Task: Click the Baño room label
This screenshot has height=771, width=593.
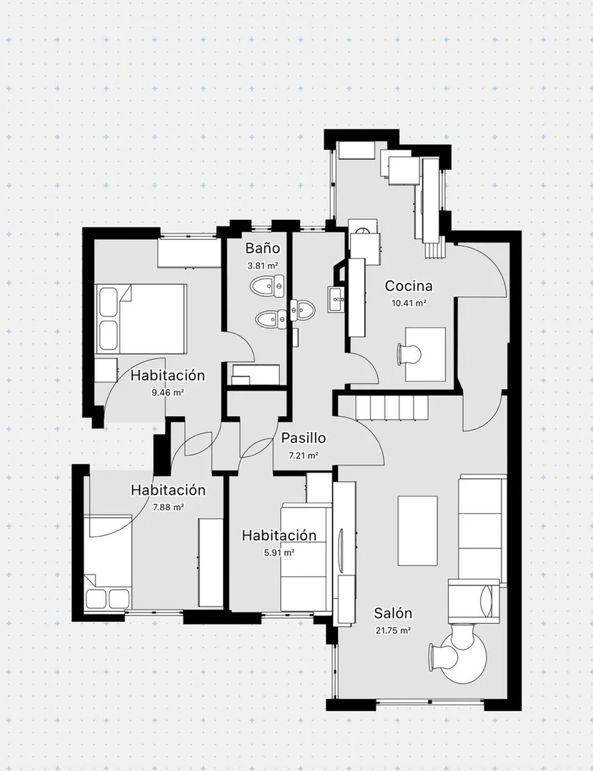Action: (x=263, y=248)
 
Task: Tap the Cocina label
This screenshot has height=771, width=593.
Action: (x=409, y=286)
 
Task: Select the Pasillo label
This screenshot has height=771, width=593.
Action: (x=303, y=438)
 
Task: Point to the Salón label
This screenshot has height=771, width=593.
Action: (x=393, y=613)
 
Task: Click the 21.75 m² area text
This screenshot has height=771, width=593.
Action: (x=393, y=630)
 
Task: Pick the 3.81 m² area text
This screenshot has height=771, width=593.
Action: (x=263, y=266)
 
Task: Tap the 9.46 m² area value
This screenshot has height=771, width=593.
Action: (x=168, y=393)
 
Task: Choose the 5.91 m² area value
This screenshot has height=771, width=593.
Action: (x=279, y=552)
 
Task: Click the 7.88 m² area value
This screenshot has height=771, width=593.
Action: (x=169, y=507)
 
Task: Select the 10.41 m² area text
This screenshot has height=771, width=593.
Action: (x=409, y=303)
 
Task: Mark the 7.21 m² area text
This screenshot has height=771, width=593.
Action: (x=303, y=455)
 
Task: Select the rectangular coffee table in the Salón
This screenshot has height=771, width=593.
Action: (x=417, y=530)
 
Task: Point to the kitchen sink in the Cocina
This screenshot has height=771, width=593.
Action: (x=337, y=299)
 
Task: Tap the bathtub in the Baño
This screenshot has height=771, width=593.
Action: (x=255, y=375)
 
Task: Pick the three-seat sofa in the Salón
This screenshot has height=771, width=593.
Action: (x=482, y=530)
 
